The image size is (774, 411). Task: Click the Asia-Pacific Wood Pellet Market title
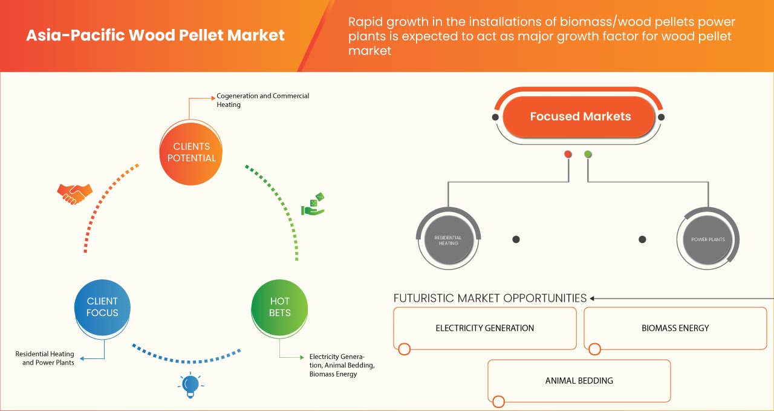(155, 35)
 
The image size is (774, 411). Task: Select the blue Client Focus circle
(103, 307)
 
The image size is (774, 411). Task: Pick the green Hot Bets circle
(280, 307)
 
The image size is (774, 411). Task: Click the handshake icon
(74, 193)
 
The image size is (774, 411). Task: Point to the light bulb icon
(190, 385)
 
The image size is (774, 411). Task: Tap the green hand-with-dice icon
(313, 204)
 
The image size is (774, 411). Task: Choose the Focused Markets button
(580, 117)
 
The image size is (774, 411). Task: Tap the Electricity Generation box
(485, 328)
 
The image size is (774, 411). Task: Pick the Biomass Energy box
(675, 328)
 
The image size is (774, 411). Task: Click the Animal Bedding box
(579, 381)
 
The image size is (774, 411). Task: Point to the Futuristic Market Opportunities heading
(490, 298)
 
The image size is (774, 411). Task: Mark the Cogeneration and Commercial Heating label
(263, 100)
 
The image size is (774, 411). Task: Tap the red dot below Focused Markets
(568, 154)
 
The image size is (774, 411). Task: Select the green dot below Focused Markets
(588, 154)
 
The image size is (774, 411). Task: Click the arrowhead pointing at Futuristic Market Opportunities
(593, 298)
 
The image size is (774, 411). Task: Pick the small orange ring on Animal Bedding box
(498, 401)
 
